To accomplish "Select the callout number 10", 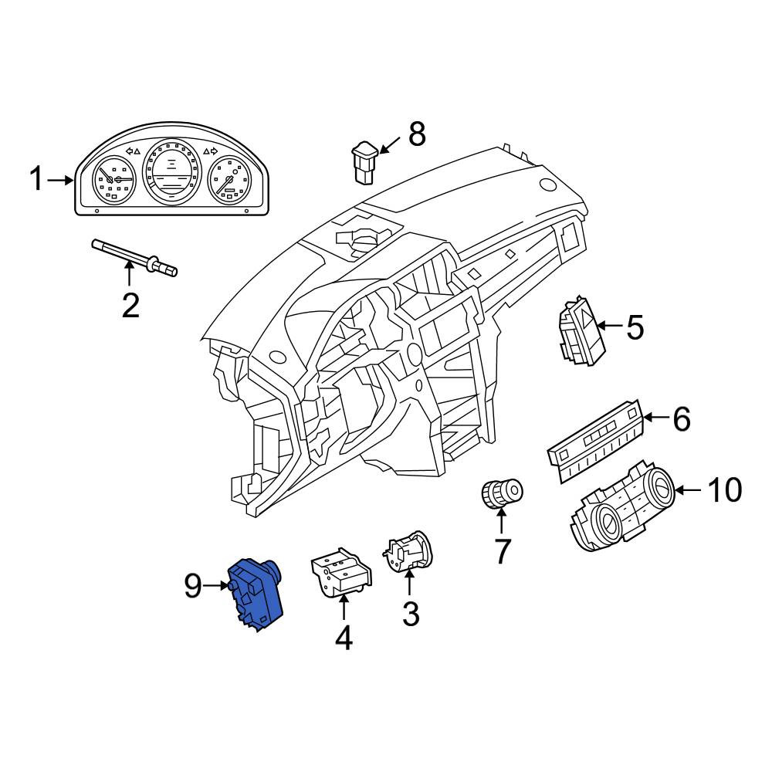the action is [724, 490].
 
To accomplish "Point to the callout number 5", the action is [635, 327].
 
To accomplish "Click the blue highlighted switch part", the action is [255, 594].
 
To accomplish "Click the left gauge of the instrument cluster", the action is [114, 179].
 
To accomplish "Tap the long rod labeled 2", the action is [134, 257].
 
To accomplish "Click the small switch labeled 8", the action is [365, 162].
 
